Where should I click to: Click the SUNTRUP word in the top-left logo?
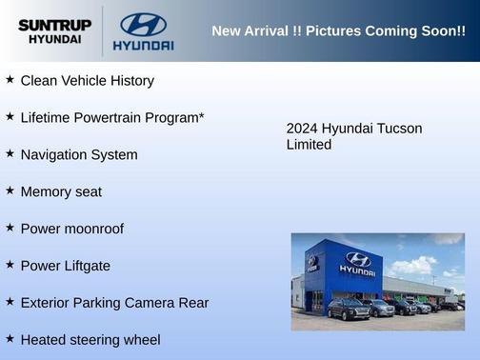[x=55, y=24]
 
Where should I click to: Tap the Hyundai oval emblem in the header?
[x=143, y=24]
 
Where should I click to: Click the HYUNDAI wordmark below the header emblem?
[x=143, y=45]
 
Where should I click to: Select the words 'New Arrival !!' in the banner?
[x=252, y=31]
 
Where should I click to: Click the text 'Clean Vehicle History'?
[x=87, y=81]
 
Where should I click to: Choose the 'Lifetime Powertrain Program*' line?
[x=112, y=118]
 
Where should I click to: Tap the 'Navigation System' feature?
[x=79, y=154]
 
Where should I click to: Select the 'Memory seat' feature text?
[x=61, y=191]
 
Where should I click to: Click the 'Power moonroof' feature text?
[x=71, y=229]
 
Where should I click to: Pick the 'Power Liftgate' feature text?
[x=65, y=266]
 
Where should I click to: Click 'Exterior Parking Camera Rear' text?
[x=114, y=303]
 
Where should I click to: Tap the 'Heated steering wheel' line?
[x=90, y=339]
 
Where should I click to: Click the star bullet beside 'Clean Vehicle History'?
[x=10, y=80]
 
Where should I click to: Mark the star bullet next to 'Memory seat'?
[x=10, y=190]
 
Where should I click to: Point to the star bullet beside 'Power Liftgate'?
[x=10, y=265]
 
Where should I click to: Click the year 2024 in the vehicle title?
[x=302, y=129]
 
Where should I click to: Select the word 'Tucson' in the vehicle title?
[x=400, y=129]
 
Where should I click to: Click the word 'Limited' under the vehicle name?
[x=309, y=145]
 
